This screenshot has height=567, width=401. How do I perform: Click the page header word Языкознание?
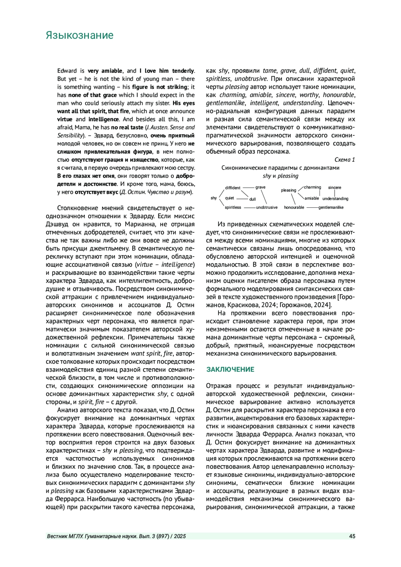[x=80, y=35]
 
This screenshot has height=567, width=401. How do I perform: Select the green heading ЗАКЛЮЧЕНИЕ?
[x=230, y=369]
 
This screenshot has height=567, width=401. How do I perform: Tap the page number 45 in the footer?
[x=352, y=536]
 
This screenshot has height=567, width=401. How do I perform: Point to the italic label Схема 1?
[x=345, y=160]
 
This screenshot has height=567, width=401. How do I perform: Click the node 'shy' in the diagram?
[x=214, y=198]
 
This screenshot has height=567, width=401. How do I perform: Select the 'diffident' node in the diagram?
[x=233, y=188]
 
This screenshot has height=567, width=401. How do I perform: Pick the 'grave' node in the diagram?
[x=260, y=187]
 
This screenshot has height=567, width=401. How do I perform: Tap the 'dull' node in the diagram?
[x=253, y=199]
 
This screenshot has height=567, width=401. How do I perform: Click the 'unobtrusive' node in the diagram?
[x=267, y=207]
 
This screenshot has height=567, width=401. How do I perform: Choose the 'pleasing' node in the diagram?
[x=288, y=190]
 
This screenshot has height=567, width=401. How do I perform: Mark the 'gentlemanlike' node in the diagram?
[x=331, y=207]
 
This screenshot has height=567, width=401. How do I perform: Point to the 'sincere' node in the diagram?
[x=335, y=187]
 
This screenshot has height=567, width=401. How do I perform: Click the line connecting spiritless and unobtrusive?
[x=250, y=208]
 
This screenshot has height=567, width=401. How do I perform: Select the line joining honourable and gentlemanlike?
[x=312, y=208]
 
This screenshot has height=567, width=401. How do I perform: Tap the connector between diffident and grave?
[x=248, y=188]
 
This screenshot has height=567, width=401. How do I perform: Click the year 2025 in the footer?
[x=179, y=536]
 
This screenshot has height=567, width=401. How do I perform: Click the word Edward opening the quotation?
[x=67, y=71]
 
